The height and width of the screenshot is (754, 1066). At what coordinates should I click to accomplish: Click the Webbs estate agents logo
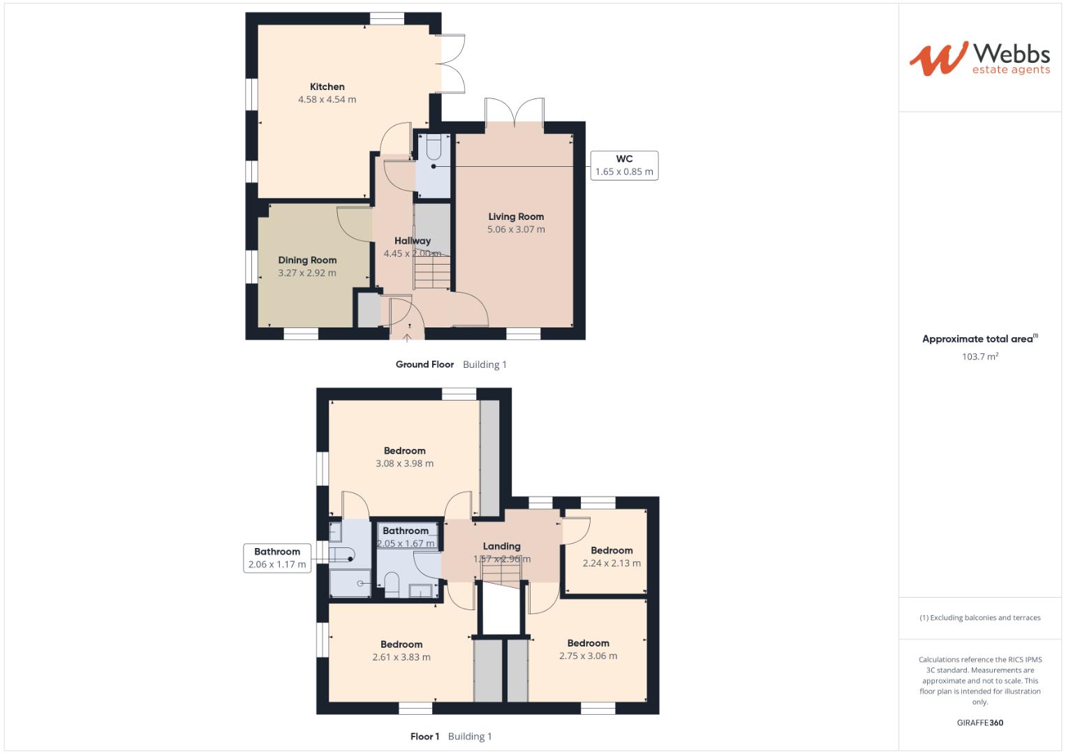[979, 59]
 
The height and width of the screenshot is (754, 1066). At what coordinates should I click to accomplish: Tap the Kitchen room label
[327, 87]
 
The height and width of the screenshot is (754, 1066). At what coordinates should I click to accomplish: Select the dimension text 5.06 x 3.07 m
[516, 229]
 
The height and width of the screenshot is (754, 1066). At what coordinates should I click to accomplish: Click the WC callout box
[624, 165]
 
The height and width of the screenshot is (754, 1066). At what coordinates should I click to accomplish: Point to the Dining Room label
[307, 260]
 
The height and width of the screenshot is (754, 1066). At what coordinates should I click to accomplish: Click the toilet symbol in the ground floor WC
[433, 148]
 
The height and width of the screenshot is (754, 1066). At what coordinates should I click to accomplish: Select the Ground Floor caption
[424, 364]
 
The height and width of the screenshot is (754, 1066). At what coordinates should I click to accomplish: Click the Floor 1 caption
[424, 737]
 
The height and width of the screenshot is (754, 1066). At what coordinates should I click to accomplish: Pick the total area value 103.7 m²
[979, 356]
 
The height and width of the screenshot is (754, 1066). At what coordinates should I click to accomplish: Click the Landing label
[501, 546]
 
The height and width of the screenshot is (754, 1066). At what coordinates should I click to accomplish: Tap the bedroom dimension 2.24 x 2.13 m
[612, 563]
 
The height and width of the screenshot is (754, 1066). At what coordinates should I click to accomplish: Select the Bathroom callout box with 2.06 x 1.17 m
[277, 558]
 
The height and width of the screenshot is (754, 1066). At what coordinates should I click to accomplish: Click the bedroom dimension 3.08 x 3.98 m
[404, 464]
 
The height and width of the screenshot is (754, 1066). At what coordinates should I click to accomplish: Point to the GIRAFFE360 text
[979, 723]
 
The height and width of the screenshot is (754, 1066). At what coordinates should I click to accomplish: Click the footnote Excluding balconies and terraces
[979, 618]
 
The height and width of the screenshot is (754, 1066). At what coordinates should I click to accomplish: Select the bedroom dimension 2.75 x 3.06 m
[588, 656]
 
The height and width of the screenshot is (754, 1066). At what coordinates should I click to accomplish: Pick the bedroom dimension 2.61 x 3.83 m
[401, 657]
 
